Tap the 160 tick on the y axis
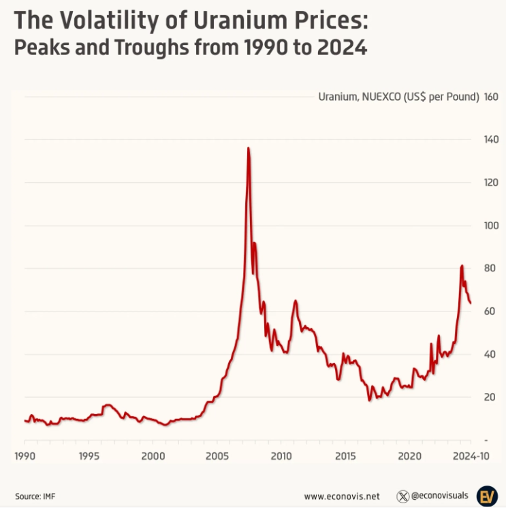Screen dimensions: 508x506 pyautogui.click(x=491, y=97)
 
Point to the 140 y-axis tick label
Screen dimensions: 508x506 pyautogui.click(x=491, y=139)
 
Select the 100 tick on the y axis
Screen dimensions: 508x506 pyautogui.click(x=491, y=225)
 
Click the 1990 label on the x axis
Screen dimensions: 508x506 pyautogui.click(x=25, y=455)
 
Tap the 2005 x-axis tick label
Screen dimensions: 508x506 pyautogui.click(x=217, y=455)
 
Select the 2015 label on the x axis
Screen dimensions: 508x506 pyautogui.click(x=345, y=455)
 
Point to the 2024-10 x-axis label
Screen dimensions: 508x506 pyautogui.click(x=471, y=455)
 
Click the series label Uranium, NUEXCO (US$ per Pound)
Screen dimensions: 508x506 pyautogui.click(x=398, y=97)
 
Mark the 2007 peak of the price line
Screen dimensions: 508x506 pyautogui.click(x=248, y=148)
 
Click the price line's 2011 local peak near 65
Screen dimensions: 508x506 pyautogui.click(x=296, y=301)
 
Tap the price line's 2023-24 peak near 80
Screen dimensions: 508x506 pyautogui.click(x=462, y=266)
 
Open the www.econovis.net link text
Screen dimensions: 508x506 pyautogui.click(x=342, y=496)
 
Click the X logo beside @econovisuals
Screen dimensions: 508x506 pyautogui.click(x=402, y=496)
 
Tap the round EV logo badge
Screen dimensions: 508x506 pyautogui.click(x=487, y=495)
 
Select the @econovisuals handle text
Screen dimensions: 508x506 pyautogui.click(x=439, y=496)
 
